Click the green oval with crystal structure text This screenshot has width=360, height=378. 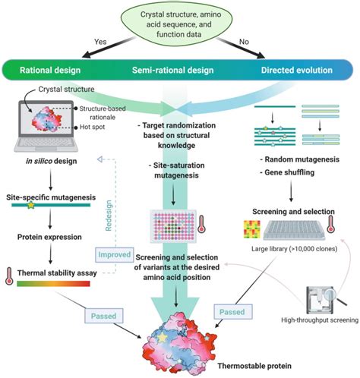176,24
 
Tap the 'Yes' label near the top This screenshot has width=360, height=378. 100,42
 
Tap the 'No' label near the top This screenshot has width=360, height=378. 244,42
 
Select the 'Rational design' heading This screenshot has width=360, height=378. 50,70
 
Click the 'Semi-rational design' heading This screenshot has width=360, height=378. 173,70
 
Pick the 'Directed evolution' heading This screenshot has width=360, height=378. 297,70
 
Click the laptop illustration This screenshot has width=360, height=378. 46,126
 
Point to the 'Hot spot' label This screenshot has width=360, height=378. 92,127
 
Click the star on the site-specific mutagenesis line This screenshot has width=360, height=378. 31,205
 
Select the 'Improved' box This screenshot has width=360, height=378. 115,254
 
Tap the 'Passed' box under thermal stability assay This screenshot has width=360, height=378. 103,316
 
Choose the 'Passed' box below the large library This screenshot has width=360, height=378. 232,312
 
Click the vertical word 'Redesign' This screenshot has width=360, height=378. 109,216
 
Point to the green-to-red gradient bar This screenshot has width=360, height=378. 53,284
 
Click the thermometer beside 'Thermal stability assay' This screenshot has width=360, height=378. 9,276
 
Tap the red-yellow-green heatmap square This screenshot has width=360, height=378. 252,229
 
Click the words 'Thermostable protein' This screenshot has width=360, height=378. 254,366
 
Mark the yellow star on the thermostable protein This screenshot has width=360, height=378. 162,338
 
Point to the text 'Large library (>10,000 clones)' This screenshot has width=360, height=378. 294,249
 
